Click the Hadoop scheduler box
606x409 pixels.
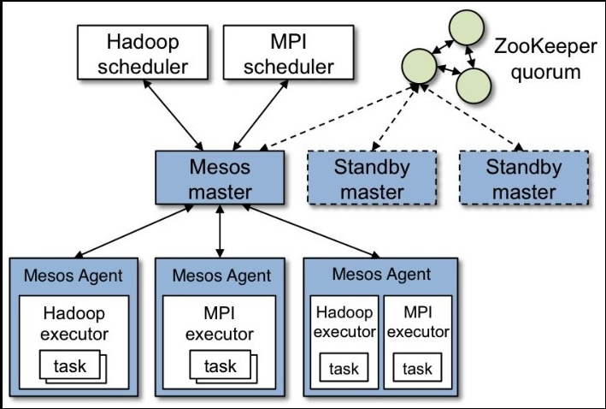144,53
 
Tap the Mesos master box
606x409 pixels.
221,179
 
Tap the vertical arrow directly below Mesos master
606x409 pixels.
221,230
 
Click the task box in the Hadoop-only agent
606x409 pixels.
70,366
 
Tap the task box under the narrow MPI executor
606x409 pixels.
417,369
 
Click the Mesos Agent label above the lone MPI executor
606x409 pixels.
221,276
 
